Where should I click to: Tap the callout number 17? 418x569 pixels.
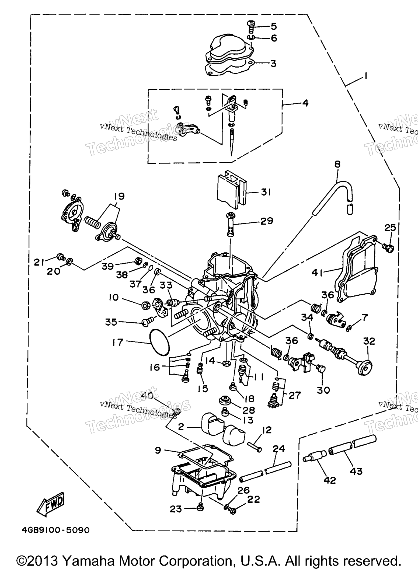[x=118, y=343]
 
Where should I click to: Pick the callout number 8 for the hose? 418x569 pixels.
[x=337, y=164]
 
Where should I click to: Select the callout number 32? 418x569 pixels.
[x=369, y=341]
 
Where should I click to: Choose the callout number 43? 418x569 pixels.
[x=356, y=471]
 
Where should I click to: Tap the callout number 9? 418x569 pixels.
[x=158, y=450]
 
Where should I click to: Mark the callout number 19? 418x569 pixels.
[x=119, y=196]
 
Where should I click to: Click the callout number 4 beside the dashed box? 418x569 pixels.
[x=305, y=103]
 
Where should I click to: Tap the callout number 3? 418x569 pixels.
[x=273, y=64]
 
